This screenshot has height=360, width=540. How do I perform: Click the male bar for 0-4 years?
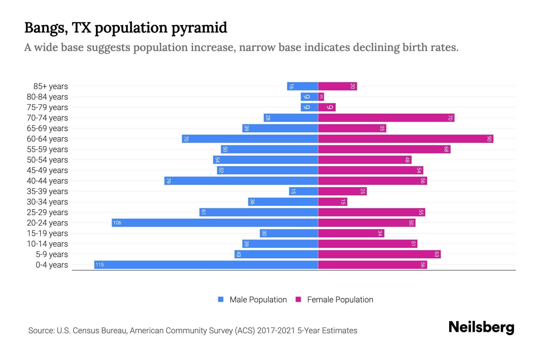point(206,265)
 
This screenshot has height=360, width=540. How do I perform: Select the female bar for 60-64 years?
point(406,139)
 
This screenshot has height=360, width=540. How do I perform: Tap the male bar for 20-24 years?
point(215,223)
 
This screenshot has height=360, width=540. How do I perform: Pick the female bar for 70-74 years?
point(386,118)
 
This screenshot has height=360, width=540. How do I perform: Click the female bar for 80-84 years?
point(321,97)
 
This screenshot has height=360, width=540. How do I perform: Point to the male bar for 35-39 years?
point(303,191)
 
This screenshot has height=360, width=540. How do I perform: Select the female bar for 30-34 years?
point(332,202)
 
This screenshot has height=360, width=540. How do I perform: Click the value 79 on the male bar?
point(168,181)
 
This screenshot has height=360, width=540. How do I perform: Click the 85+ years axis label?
point(51,86)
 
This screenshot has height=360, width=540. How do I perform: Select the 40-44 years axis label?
point(47,181)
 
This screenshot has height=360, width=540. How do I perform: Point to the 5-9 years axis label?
point(52,254)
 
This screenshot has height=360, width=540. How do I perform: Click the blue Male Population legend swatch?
point(221,299)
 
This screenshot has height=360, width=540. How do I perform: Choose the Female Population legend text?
point(340,299)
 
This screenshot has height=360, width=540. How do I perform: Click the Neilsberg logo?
point(481,327)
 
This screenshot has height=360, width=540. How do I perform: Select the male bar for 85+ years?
point(302,86)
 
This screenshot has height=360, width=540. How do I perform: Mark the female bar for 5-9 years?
point(379,254)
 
